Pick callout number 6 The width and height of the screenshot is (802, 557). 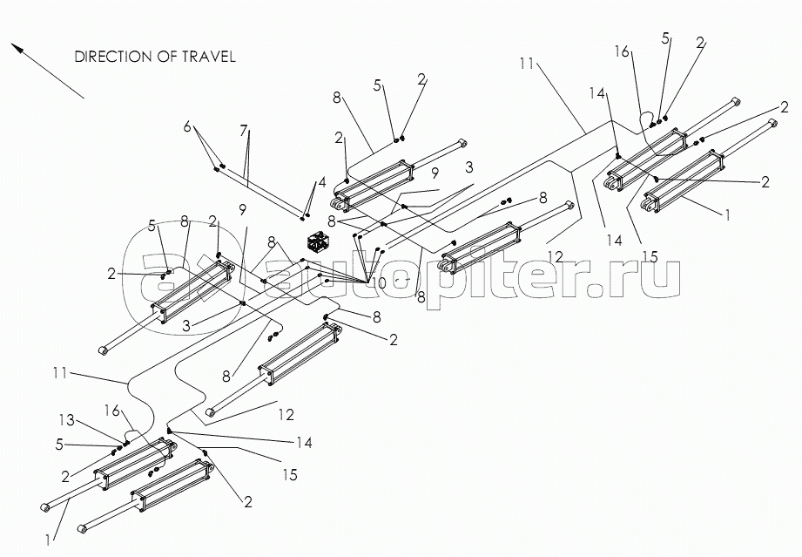coord(186,126)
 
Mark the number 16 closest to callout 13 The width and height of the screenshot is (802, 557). coord(111,409)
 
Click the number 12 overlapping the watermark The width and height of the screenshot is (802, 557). coord(556,257)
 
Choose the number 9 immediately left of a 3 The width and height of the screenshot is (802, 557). coord(434,173)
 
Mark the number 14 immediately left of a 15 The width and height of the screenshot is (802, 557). coord(617,240)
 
